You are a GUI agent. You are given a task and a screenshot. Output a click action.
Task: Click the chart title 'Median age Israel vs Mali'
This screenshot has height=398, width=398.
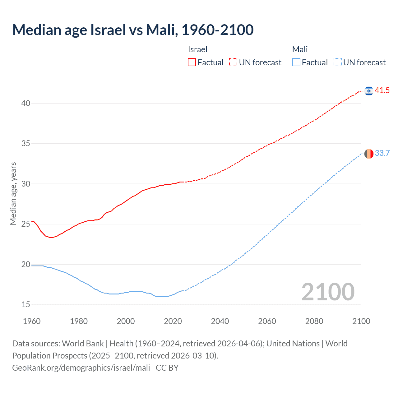133,30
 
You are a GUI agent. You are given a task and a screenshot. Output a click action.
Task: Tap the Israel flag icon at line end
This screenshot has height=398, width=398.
369,91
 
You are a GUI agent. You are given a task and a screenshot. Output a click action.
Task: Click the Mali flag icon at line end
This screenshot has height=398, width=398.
369,154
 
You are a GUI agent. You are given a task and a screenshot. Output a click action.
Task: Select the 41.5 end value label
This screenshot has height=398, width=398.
382,90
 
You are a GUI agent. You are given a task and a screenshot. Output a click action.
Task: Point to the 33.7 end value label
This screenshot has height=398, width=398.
382,153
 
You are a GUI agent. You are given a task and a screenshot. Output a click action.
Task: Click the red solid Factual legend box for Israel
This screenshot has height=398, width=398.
192,62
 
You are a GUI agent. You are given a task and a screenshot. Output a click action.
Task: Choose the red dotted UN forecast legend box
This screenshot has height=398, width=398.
233,62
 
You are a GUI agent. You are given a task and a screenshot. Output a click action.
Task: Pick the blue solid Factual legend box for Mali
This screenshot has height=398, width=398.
296,62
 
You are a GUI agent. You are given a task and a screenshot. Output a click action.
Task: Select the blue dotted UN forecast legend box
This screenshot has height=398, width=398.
337,62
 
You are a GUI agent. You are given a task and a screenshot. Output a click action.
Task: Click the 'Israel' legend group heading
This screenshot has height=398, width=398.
197,49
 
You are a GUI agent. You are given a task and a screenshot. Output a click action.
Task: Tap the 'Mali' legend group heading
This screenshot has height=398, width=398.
300,49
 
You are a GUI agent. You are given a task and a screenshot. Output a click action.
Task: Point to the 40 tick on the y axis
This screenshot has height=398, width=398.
26,103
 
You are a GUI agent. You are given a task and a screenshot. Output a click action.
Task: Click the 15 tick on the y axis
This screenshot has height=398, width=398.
26,305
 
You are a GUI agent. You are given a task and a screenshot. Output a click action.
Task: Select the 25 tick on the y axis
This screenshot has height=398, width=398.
26,224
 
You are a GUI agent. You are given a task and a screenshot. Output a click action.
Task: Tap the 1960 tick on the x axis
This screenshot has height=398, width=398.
32,321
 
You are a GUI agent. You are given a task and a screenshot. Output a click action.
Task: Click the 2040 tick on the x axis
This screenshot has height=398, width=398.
220,321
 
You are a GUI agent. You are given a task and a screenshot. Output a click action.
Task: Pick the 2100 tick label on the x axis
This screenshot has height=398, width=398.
361,321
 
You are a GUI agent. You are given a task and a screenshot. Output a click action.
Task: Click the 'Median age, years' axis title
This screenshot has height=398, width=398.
13,193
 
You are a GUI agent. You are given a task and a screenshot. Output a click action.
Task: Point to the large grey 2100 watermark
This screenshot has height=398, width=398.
328,292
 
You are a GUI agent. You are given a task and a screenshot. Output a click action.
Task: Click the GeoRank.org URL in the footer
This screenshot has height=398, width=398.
81,368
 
